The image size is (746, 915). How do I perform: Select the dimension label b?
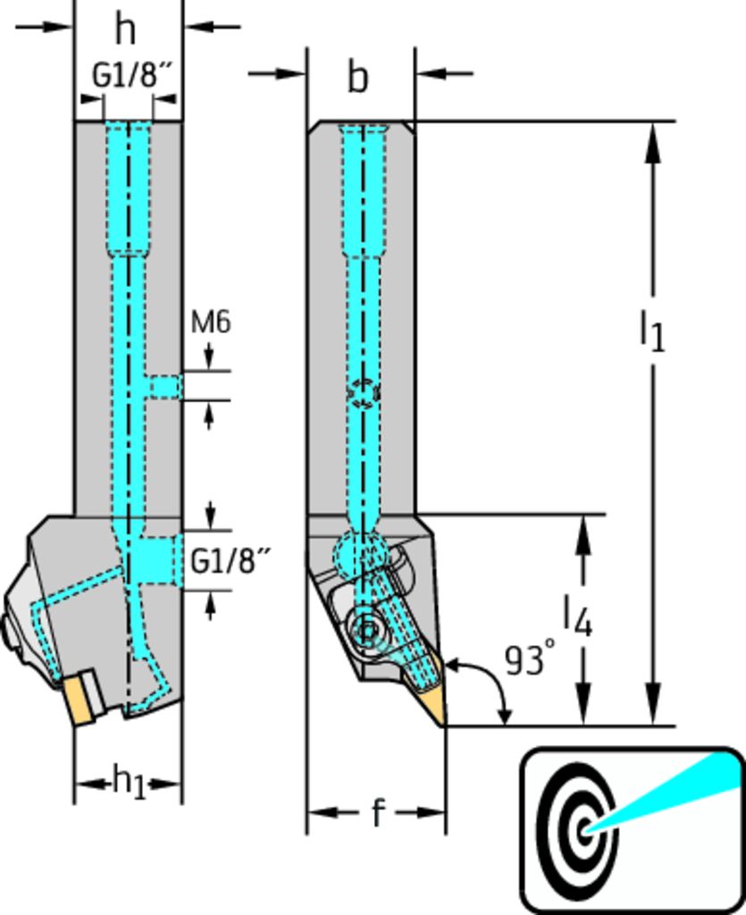click(x=358, y=77)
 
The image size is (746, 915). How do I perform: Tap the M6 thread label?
click(x=211, y=322)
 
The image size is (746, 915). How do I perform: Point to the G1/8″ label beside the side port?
click(x=231, y=561)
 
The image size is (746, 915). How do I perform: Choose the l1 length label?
click(x=653, y=331)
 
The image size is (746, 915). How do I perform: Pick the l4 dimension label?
click(x=577, y=616)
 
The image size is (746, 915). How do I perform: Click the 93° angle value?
click(x=530, y=660)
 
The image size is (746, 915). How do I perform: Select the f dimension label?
click(x=379, y=811)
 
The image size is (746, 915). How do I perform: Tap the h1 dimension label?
click(x=129, y=783)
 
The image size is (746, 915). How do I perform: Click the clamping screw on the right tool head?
click(x=367, y=630)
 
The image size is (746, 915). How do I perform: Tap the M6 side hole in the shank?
click(x=165, y=386)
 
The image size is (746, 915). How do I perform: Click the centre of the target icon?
click(x=584, y=830)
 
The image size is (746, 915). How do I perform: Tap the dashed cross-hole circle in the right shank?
click(x=364, y=393)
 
